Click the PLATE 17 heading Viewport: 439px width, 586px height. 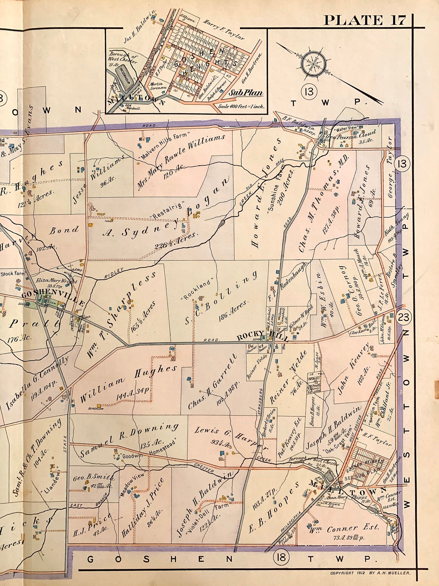[x=364, y=20]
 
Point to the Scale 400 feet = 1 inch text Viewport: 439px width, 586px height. [x=241, y=106]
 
